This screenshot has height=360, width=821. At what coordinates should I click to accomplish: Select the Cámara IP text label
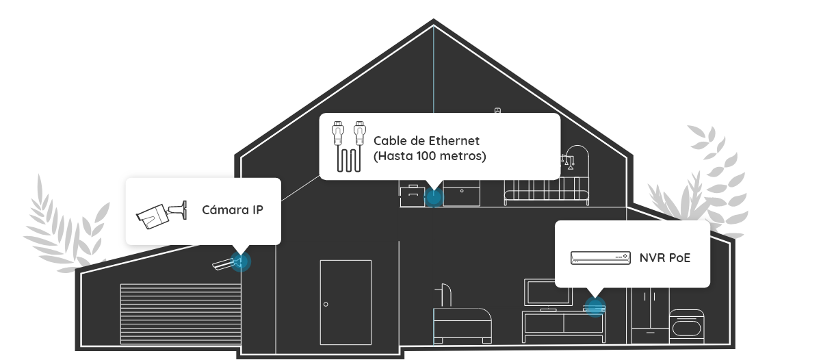232,209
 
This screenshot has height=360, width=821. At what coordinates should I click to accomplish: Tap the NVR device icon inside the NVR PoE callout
600,258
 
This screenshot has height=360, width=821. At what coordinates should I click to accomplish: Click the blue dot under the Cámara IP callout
240,261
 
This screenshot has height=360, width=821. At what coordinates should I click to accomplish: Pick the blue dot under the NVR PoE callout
595,307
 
